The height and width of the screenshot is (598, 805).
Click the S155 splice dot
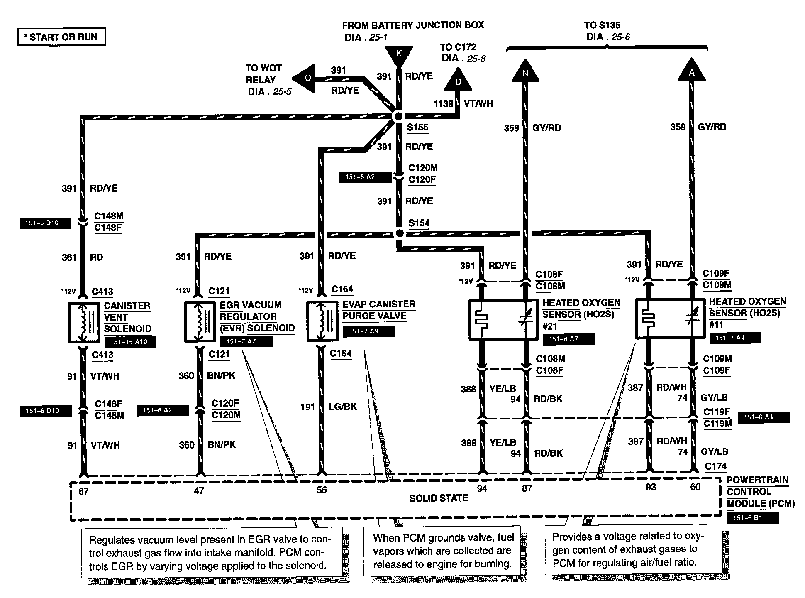point(398,116)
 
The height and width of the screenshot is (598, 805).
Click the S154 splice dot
point(399,233)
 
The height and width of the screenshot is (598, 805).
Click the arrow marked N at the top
point(525,71)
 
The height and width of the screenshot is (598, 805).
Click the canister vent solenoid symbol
point(84,322)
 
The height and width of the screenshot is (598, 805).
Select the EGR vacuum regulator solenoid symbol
point(200,322)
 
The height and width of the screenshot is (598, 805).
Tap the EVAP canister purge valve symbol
point(322,321)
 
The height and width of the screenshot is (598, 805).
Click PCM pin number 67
point(83,491)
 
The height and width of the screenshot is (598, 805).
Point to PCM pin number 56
point(322,490)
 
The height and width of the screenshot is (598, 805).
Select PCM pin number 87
point(527,489)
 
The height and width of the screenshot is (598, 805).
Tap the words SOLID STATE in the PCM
point(438,498)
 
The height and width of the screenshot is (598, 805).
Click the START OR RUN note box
point(61,37)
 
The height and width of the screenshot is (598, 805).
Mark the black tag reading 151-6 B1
point(752,518)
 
